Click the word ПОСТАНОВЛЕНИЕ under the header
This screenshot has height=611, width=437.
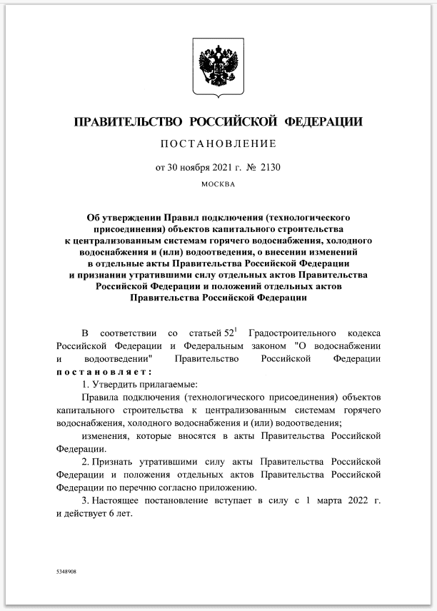click(x=218, y=143)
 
